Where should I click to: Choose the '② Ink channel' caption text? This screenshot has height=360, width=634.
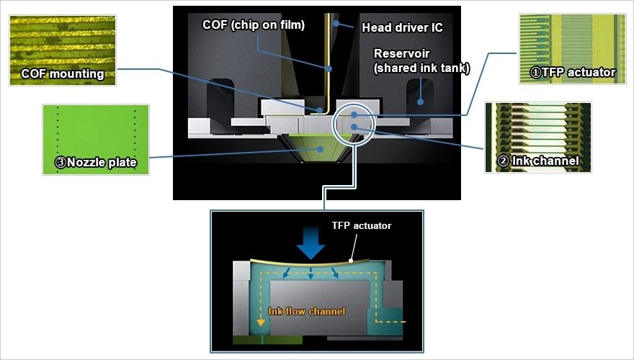point(540,161)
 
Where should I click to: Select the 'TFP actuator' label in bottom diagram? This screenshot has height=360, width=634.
point(362,226)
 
